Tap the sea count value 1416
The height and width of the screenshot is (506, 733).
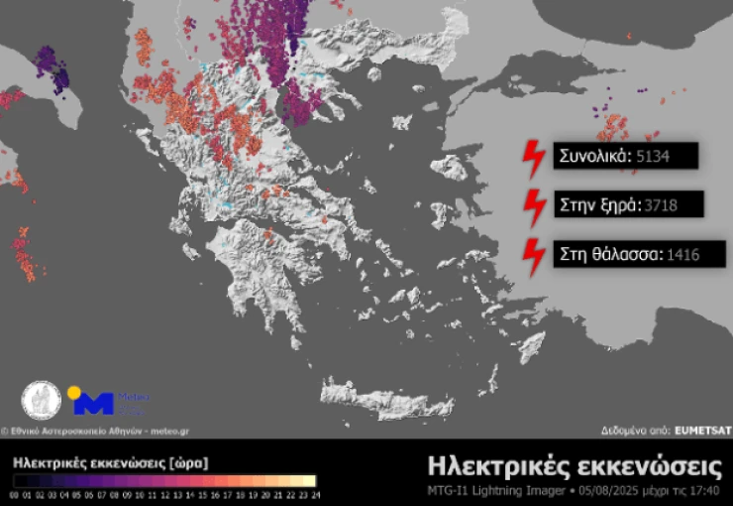683,255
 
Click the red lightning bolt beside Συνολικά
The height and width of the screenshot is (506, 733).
534,158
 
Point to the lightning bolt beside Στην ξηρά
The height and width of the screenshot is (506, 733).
534,206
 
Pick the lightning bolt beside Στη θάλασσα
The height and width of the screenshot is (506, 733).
534,256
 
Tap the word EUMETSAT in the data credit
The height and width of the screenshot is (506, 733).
702,432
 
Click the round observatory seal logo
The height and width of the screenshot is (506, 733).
41,401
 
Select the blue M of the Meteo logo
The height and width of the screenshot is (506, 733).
94,404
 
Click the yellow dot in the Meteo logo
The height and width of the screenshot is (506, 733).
73,391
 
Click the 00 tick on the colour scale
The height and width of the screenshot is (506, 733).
15,493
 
